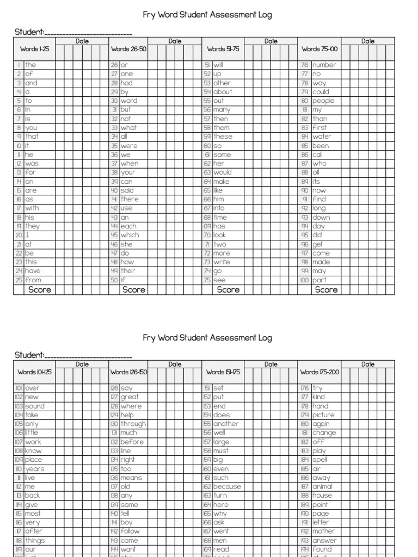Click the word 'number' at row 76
tap(324, 65)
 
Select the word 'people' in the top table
tap(323, 101)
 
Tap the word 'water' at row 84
tap(322, 137)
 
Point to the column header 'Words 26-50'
tap(128, 49)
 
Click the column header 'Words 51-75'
tap(223, 49)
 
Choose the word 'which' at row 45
tap(130, 235)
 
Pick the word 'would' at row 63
tap(223, 172)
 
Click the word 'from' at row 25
tap(33, 280)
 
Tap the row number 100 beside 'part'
tap(305, 280)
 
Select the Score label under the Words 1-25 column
tap(40, 290)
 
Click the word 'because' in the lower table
tap(227, 487)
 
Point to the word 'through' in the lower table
tap(133, 424)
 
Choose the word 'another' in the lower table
tap(226, 424)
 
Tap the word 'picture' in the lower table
tap(323, 415)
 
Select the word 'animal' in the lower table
tap(322, 487)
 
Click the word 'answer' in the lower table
tap(324, 541)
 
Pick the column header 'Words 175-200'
tap(319, 373)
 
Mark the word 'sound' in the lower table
tap(35, 406)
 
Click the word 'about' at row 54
tap(223, 92)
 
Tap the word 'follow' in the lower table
tap(130, 531)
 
